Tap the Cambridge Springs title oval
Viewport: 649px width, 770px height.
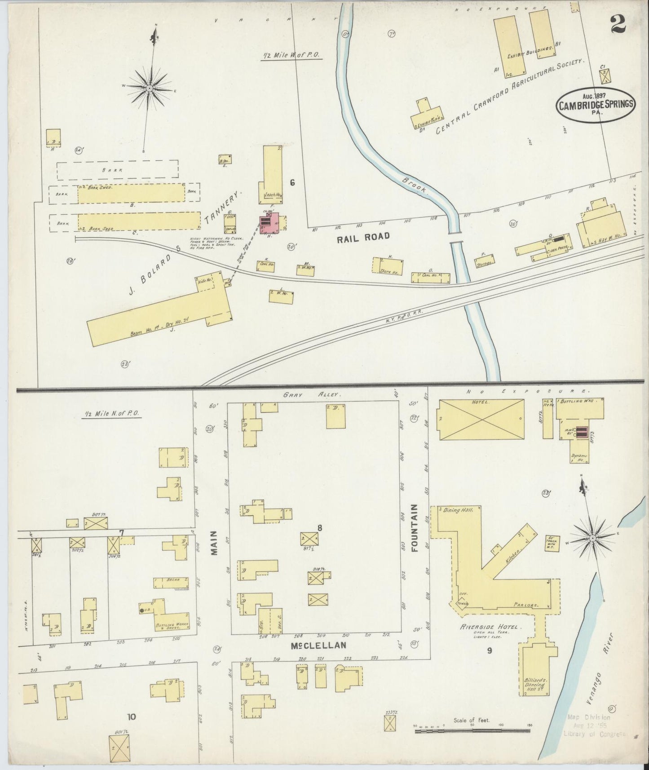(x=596, y=104)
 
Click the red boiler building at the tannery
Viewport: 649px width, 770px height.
(x=269, y=222)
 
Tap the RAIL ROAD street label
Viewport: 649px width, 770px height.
(x=363, y=236)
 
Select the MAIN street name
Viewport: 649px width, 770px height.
(x=214, y=543)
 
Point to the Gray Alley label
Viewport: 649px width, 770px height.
(x=312, y=394)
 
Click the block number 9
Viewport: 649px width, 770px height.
(x=490, y=650)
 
